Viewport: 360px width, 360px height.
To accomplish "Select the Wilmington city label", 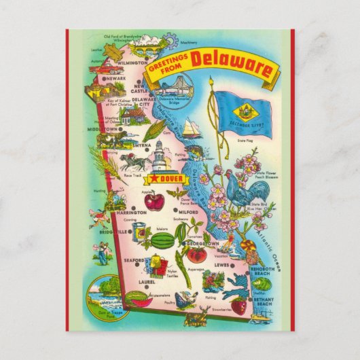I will coord(131,62).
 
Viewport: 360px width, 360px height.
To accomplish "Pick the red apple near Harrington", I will coord(154,202).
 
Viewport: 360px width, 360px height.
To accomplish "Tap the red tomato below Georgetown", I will coord(198,255).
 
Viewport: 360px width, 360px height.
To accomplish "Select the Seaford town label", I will coord(134,261).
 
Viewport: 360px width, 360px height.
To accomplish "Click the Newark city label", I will coord(117,78).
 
